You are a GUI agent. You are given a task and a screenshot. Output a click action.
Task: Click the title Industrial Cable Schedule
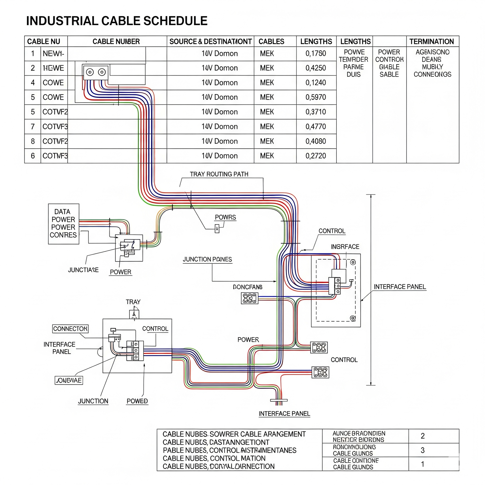[x=117, y=21]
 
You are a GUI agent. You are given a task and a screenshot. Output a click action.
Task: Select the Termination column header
[x=432, y=42]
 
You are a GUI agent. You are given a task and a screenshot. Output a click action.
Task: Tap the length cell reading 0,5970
[x=316, y=97]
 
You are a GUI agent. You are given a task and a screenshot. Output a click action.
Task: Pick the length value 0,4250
[x=316, y=68]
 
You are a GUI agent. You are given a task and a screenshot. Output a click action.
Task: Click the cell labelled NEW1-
[x=53, y=54]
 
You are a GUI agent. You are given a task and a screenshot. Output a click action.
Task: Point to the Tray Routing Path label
[x=219, y=174]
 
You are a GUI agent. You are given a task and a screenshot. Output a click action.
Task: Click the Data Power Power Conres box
[x=63, y=224]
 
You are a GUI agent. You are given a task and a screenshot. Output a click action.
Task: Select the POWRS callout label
[x=225, y=217]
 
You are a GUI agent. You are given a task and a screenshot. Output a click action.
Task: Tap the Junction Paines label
[x=207, y=259]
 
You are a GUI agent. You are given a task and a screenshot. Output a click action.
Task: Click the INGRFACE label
[x=345, y=247]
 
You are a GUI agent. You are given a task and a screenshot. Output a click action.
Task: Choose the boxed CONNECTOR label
[x=70, y=329]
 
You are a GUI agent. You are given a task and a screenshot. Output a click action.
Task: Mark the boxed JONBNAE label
[x=69, y=380]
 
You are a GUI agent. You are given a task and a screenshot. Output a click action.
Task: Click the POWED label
[x=137, y=401]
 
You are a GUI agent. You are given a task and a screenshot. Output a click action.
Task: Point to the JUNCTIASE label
[x=83, y=270]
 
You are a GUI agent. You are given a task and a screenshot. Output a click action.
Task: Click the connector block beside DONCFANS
[x=249, y=298]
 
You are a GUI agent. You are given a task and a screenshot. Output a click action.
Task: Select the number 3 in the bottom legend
[x=423, y=450]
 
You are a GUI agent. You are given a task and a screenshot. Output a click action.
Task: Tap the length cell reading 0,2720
[x=316, y=156]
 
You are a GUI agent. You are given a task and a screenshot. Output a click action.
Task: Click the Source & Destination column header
[x=210, y=42]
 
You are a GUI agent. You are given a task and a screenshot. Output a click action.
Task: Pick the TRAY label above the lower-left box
[x=133, y=302]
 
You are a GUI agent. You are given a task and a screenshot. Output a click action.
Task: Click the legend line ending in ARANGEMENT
[x=234, y=434]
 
